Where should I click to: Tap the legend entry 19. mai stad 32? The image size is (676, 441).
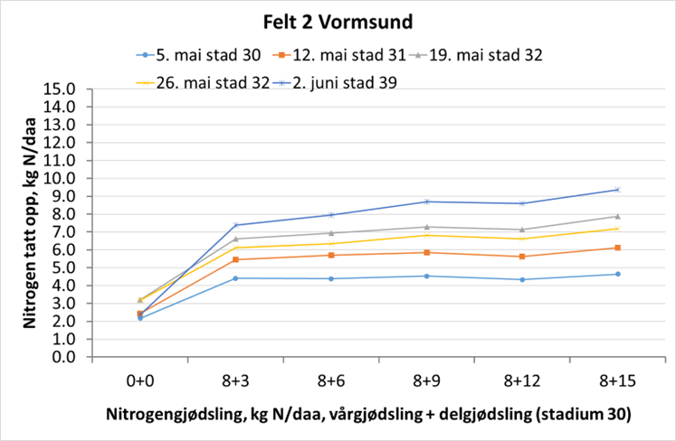(x=490, y=54)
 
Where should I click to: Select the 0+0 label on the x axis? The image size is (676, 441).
(x=139, y=380)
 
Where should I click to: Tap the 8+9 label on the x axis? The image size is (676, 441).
(x=426, y=380)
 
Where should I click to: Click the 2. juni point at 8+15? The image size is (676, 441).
(x=618, y=190)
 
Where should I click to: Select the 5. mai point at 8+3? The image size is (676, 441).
(x=235, y=278)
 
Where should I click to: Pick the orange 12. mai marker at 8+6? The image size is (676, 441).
(x=331, y=255)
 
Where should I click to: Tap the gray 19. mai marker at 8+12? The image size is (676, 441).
(x=522, y=230)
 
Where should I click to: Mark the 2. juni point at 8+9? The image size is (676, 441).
(x=426, y=202)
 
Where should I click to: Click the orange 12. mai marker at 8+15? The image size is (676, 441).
(x=618, y=248)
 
